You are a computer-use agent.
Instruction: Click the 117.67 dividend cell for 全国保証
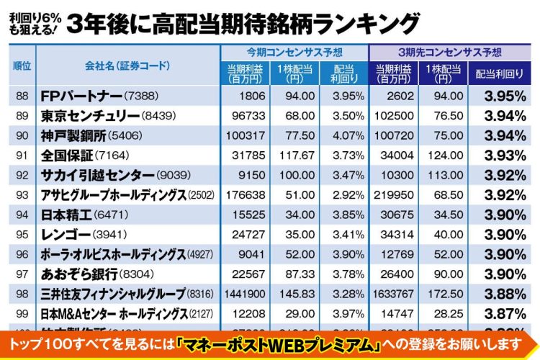coord(294,156)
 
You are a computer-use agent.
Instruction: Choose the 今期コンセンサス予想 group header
coord(294,53)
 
